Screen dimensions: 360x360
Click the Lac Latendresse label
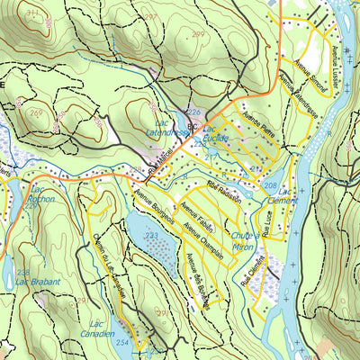pos(165,128)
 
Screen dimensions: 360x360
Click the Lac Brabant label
pos(39,282)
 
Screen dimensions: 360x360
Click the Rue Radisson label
pos(224,188)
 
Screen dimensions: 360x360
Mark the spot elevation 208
pos(270,185)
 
